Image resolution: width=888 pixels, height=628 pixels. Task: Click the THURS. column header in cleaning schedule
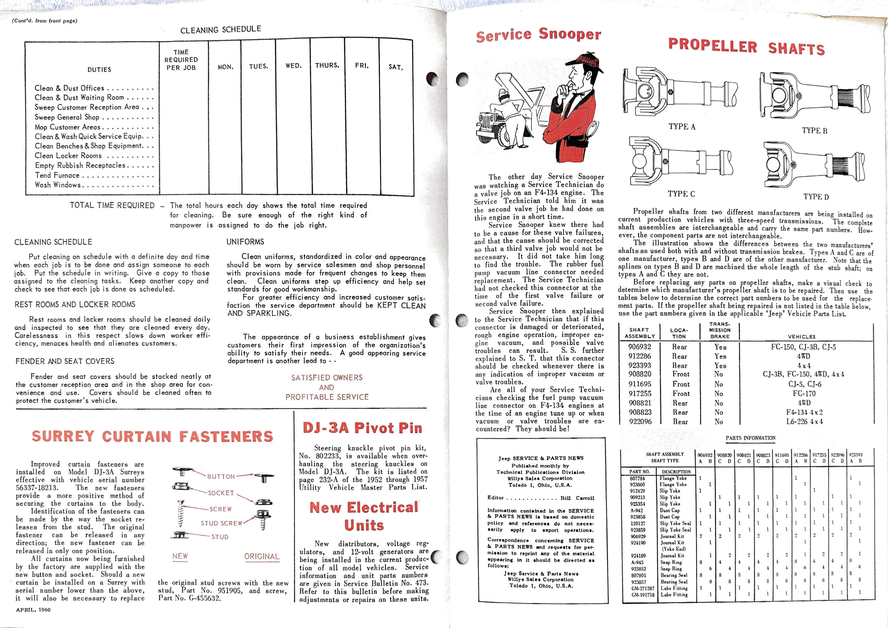click(x=327, y=65)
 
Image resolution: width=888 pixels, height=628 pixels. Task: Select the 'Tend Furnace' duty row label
click(x=57, y=175)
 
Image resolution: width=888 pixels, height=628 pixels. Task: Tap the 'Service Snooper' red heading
click(x=538, y=35)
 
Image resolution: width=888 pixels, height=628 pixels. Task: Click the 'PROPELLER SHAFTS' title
click(x=746, y=47)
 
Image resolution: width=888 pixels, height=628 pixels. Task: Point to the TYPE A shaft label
click(x=682, y=127)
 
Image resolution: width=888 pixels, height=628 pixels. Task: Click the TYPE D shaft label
click(x=816, y=197)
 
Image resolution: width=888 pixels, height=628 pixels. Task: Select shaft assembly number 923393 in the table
click(x=640, y=365)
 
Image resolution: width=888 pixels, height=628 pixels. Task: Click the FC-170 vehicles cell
click(x=804, y=393)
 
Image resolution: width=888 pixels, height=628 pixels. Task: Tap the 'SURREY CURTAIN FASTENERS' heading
click(x=152, y=436)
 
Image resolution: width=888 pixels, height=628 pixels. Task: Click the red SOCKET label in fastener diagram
click(x=221, y=493)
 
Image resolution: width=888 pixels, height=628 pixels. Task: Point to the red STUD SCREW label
click(x=221, y=523)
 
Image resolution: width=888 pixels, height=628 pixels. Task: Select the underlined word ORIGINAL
click(x=261, y=557)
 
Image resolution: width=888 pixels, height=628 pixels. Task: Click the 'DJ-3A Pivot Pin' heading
click(x=362, y=428)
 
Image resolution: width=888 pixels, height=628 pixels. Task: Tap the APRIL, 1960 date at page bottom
click(x=33, y=610)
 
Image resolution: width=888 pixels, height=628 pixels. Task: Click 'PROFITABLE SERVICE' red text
click(x=327, y=397)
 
